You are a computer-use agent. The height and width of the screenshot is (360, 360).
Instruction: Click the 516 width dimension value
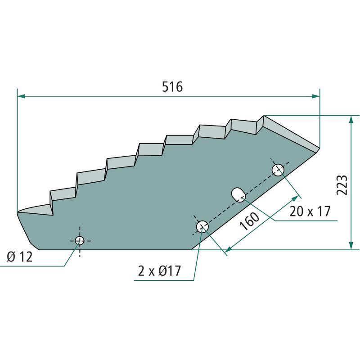(172, 87)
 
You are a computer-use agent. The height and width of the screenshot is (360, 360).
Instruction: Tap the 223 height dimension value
(342, 185)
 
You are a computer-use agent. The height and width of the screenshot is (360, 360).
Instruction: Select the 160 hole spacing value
(249, 221)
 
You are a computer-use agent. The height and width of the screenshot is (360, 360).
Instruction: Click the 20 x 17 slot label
(310, 211)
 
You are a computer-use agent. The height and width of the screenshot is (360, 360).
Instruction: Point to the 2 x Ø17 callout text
(159, 271)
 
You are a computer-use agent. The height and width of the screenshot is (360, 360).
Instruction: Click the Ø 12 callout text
(20, 256)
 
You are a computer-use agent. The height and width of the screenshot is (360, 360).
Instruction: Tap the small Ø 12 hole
(80, 241)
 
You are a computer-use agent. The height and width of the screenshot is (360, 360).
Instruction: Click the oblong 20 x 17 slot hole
(238, 195)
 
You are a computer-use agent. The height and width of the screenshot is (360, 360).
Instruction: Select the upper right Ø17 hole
(278, 170)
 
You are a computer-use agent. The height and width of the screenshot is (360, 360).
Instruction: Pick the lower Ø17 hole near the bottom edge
(202, 227)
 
